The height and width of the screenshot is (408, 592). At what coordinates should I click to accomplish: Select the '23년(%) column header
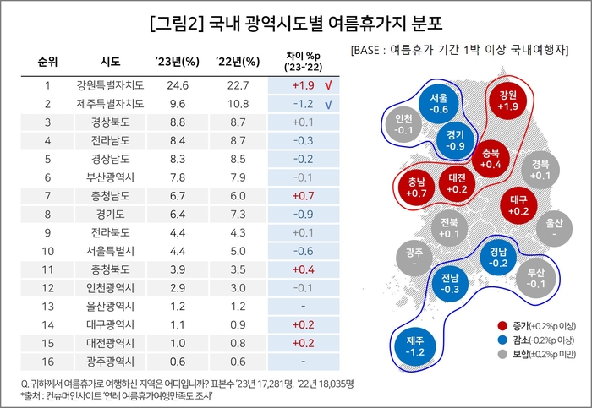[x=177, y=63]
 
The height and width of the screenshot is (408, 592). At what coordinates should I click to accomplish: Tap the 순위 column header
[x=48, y=63]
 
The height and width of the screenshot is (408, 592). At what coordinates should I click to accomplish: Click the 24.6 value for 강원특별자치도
[x=177, y=85]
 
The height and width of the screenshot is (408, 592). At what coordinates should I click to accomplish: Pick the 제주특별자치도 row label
[x=110, y=105]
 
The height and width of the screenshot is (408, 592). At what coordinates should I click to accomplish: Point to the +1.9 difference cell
[x=303, y=85]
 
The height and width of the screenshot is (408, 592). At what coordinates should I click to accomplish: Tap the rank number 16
[x=48, y=362]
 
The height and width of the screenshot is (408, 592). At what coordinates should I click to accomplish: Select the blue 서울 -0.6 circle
[x=438, y=103]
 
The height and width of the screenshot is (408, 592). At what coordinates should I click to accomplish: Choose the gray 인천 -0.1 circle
[x=404, y=124]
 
